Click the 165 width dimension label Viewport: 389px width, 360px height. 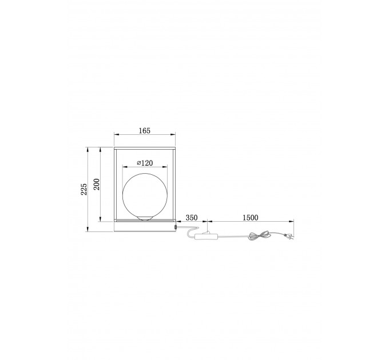pos(145,130)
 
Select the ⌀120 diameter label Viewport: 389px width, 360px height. pos(145,163)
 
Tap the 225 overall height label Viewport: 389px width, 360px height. pos(84,189)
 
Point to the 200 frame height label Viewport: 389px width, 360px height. pos(97,185)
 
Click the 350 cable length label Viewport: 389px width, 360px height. pos(192,218)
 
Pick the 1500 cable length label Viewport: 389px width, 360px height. pos(251,218)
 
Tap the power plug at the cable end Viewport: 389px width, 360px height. pos(289,237)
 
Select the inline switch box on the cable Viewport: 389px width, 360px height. pos(207,237)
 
